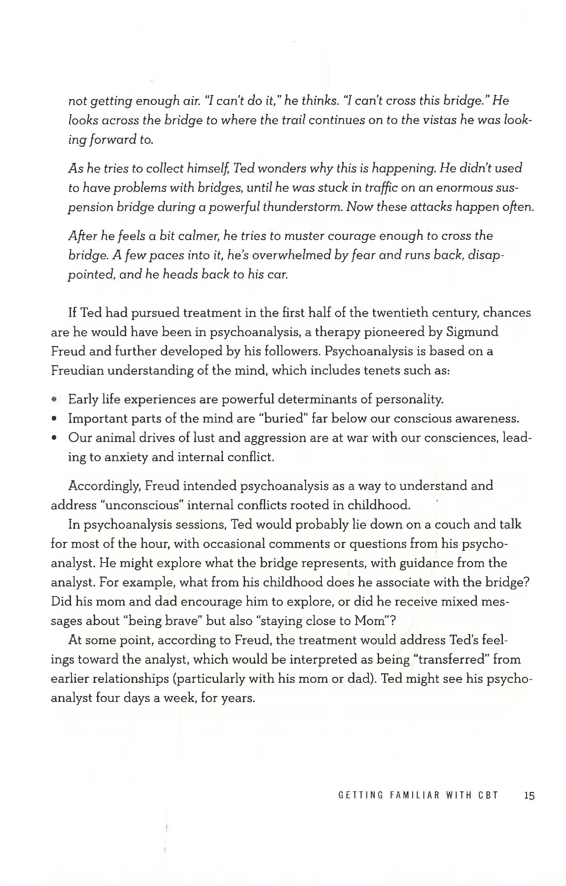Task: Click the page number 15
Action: point(529,796)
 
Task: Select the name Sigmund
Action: point(472,332)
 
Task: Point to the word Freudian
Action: point(77,370)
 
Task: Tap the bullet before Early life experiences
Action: point(54,399)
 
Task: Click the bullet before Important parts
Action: point(54,419)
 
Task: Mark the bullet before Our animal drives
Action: point(54,438)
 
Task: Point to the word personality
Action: point(409,399)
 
